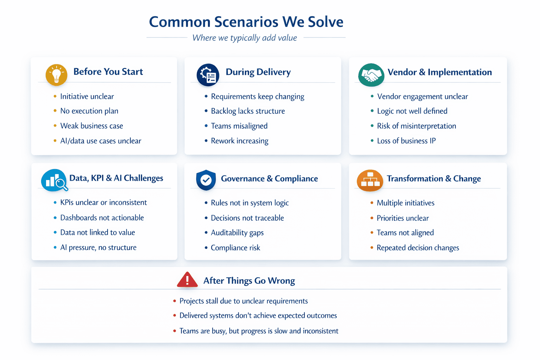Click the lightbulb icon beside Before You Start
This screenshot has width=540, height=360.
pos(56,75)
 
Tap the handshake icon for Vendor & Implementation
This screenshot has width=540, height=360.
pos(371,75)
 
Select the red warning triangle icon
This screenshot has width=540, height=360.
pos(187,280)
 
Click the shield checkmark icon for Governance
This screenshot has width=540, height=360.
pos(206,180)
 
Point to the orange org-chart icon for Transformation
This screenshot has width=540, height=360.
pos(370,180)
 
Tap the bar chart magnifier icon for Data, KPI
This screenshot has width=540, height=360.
pos(54,180)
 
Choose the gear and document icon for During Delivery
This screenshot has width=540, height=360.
pos(208,75)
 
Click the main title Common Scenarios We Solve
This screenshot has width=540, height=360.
pos(246,22)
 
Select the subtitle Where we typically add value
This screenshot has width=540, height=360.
pos(245,38)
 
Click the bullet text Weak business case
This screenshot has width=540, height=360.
pos(92,126)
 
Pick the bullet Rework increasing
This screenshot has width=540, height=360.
pos(240,141)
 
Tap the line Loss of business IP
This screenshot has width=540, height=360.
pos(406,141)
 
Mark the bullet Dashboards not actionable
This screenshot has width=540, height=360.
pos(102,218)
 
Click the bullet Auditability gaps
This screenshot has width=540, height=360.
pos(237,233)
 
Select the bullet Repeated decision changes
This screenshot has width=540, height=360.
pos(418,248)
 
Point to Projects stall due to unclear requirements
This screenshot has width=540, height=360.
pos(244,301)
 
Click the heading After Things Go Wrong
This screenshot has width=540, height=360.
pos(249,281)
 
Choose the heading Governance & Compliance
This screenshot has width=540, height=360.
pos(269,179)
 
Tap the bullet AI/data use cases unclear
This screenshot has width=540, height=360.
pos(101,141)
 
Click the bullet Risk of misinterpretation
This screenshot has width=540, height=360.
pos(417,126)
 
